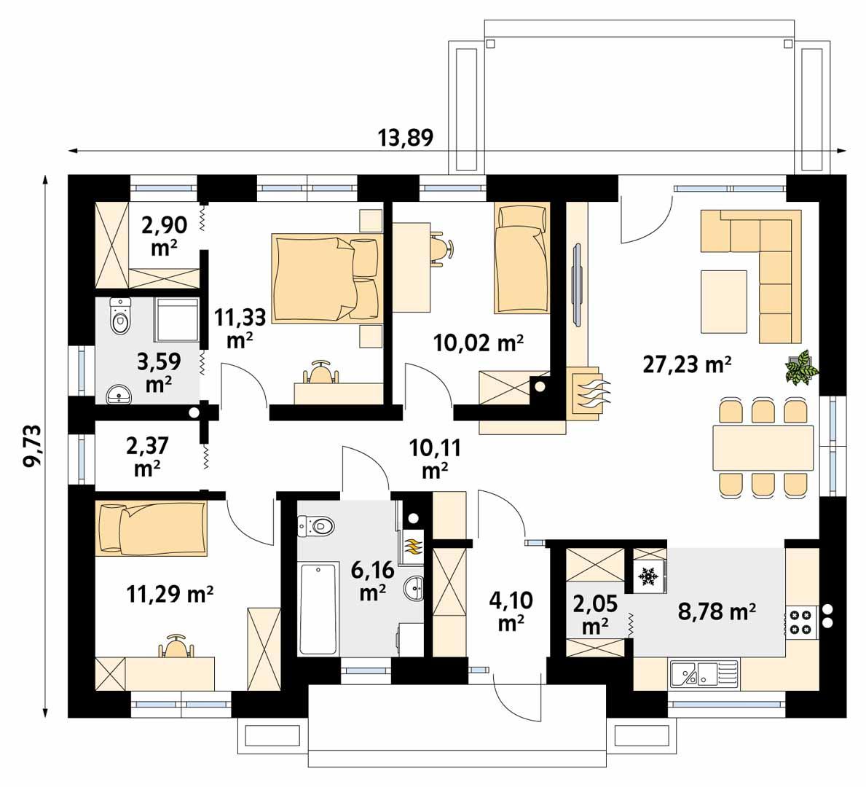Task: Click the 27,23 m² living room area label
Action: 686,364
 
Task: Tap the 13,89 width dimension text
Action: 405,137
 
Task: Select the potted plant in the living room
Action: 802,367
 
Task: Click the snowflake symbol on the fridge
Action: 647,577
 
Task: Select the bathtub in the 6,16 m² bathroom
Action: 318,608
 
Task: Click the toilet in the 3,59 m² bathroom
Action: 119,315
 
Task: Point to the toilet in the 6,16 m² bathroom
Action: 315,525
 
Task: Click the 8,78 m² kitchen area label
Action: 717,611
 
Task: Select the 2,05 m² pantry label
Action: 595,614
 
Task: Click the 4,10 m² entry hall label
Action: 511,611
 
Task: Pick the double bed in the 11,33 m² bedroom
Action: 326,277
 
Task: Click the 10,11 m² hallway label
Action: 434,458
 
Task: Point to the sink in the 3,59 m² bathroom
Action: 118,394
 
